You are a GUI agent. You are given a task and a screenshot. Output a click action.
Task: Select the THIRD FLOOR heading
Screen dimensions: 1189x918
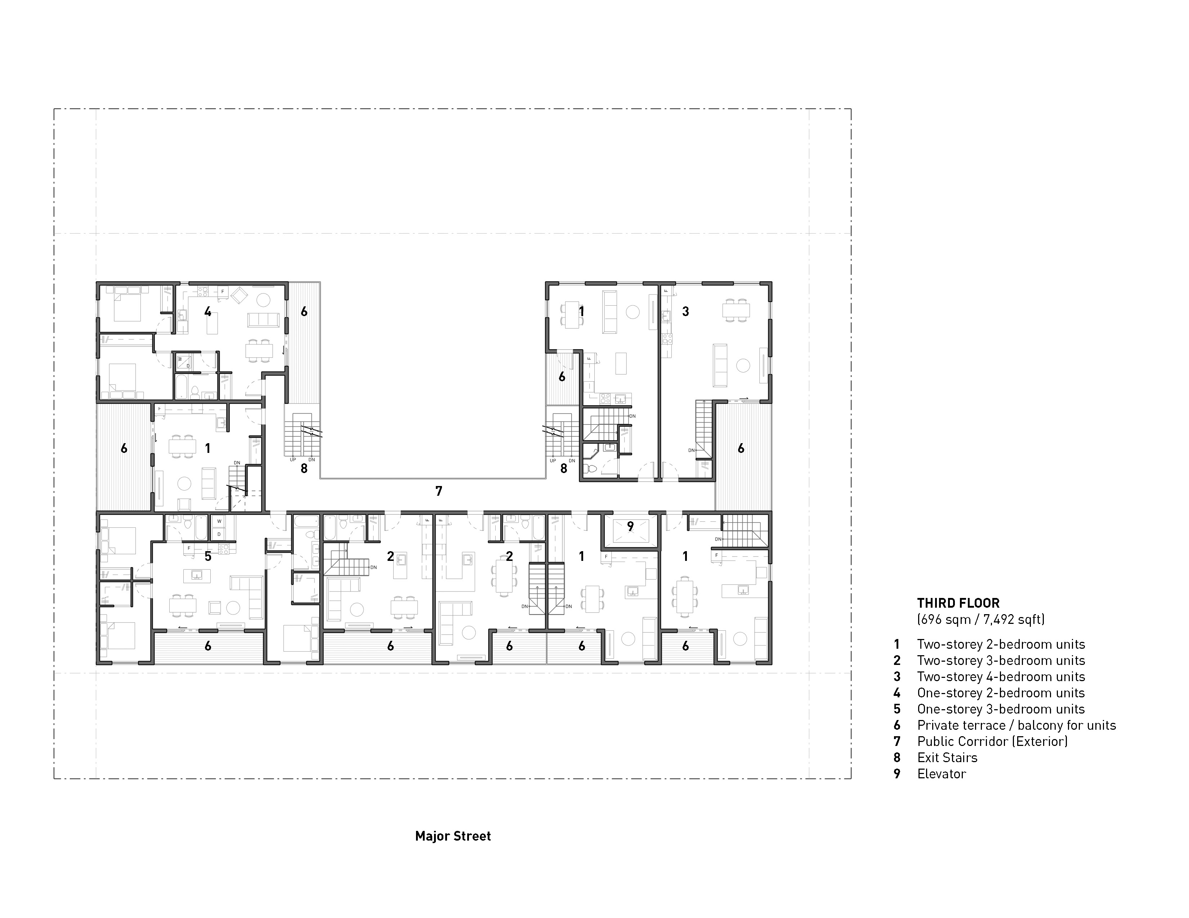tap(958, 603)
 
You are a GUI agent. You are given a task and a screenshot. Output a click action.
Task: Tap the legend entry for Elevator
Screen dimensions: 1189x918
tap(941, 774)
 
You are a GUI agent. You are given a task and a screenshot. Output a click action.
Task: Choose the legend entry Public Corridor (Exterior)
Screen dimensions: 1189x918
tap(992, 741)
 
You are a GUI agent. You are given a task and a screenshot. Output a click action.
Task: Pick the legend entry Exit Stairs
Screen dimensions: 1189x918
tap(947, 757)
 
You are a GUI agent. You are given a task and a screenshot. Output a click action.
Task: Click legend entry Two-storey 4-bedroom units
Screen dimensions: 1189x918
tap(1001, 676)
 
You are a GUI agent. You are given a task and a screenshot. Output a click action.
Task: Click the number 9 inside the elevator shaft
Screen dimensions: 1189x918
tap(630, 526)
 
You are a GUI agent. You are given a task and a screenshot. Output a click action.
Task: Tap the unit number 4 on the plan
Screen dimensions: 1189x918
tap(207, 311)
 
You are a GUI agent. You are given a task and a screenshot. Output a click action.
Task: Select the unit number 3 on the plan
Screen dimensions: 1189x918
tap(685, 311)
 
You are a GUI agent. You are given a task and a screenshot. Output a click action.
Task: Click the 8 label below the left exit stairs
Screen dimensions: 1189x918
tap(304, 468)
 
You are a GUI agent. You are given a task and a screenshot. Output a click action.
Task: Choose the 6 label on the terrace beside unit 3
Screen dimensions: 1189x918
tap(741, 449)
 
